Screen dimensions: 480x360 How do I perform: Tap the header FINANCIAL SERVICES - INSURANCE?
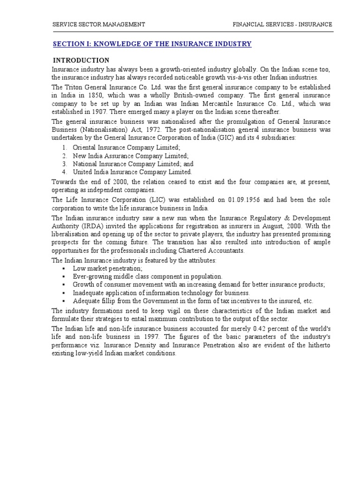pos(282,24)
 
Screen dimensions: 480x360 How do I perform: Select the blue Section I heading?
pos(152,44)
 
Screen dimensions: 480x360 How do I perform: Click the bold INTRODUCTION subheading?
pos(81,60)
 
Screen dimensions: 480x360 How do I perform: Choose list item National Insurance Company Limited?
pos(133,164)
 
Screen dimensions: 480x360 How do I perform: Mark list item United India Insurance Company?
pos(132,172)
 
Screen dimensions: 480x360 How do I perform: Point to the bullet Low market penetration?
pos(107,269)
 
